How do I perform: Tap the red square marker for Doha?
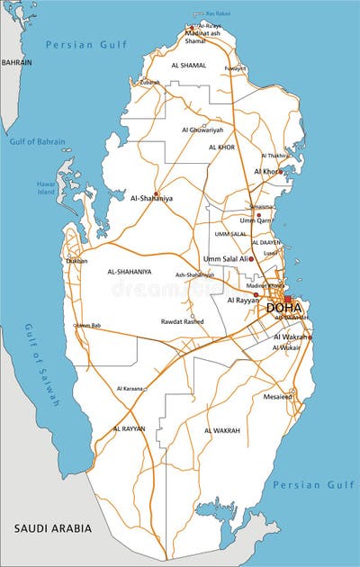pos(288,299)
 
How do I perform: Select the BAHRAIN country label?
pos(16,63)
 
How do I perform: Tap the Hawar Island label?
pos(47,187)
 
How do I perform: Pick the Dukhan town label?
pos(77,261)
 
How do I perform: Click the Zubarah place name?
pos(149,82)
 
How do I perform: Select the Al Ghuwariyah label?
pos(202,130)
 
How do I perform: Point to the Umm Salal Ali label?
pos(226,258)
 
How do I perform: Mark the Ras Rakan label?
pos(218,13)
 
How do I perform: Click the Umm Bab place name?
pos(88,325)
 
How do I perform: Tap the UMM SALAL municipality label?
pos(230,233)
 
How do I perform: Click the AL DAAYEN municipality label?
pos(266,242)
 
